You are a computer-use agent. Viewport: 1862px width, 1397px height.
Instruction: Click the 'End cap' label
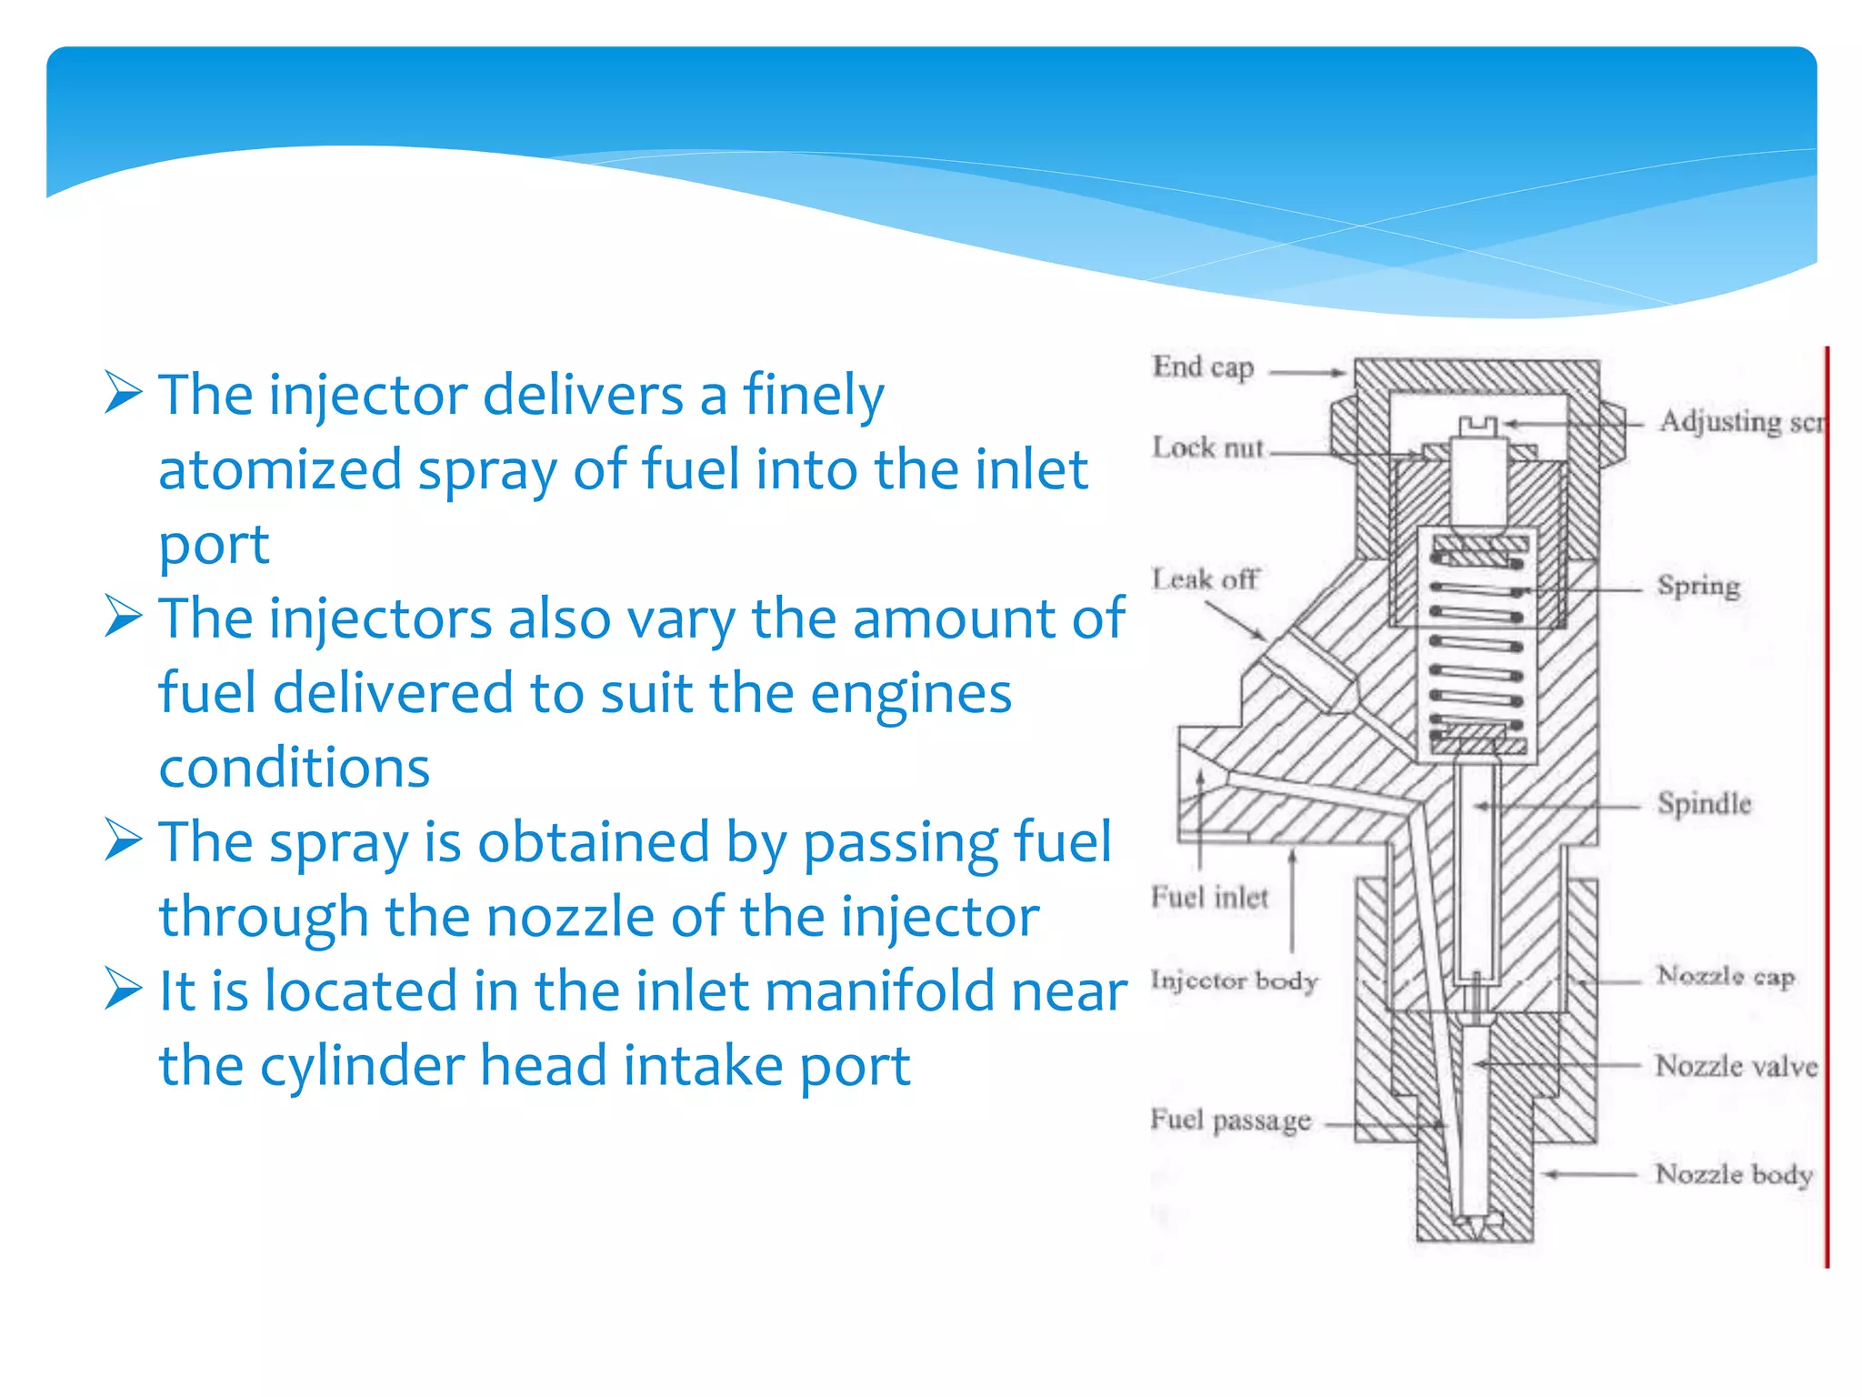pyautogui.click(x=1203, y=367)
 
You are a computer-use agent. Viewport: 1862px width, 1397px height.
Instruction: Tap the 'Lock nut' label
pyautogui.click(x=1208, y=447)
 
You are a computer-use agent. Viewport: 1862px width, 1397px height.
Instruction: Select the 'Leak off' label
pyautogui.click(x=1205, y=578)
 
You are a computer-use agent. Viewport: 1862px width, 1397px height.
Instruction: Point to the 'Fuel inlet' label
pyautogui.click(x=1209, y=897)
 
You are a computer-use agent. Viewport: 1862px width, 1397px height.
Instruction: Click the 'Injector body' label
pyautogui.click(x=1234, y=980)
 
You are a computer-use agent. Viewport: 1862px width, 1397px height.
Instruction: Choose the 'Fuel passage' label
pyautogui.click(x=1231, y=1120)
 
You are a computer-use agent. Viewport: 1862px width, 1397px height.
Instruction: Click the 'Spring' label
pyautogui.click(x=1697, y=586)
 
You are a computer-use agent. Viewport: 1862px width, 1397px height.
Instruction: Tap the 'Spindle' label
pyautogui.click(x=1704, y=804)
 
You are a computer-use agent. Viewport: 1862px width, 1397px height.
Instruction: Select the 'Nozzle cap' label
pyautogui.click(x=1725, y=976)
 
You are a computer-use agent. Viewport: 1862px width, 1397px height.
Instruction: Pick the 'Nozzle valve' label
pyautogui.click(x=1736, y=1065)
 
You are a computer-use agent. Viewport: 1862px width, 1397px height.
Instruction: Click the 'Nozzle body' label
pyautogui.click(x=1734, y=1174)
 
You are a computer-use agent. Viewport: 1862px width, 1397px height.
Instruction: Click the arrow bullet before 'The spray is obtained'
pyautogui.click(x=124, y=839)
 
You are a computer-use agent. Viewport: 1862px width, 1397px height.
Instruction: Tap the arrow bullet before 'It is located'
pyautogui.click(x=124, y=989)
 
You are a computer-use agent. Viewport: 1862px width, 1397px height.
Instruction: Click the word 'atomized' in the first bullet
pyautogui.click(x=280, y=470)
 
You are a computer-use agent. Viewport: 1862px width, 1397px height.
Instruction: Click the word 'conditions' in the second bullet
pyautogui.click(x=294, y=768)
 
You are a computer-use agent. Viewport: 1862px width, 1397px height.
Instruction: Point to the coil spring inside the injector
pyautogui.click(x=1477, y=646)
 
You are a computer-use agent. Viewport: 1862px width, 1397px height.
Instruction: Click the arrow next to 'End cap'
pyautogui.click(x=1306, y=372)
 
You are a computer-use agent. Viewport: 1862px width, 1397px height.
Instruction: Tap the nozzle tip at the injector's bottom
pyautogui.click(x=1476, y=1223)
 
